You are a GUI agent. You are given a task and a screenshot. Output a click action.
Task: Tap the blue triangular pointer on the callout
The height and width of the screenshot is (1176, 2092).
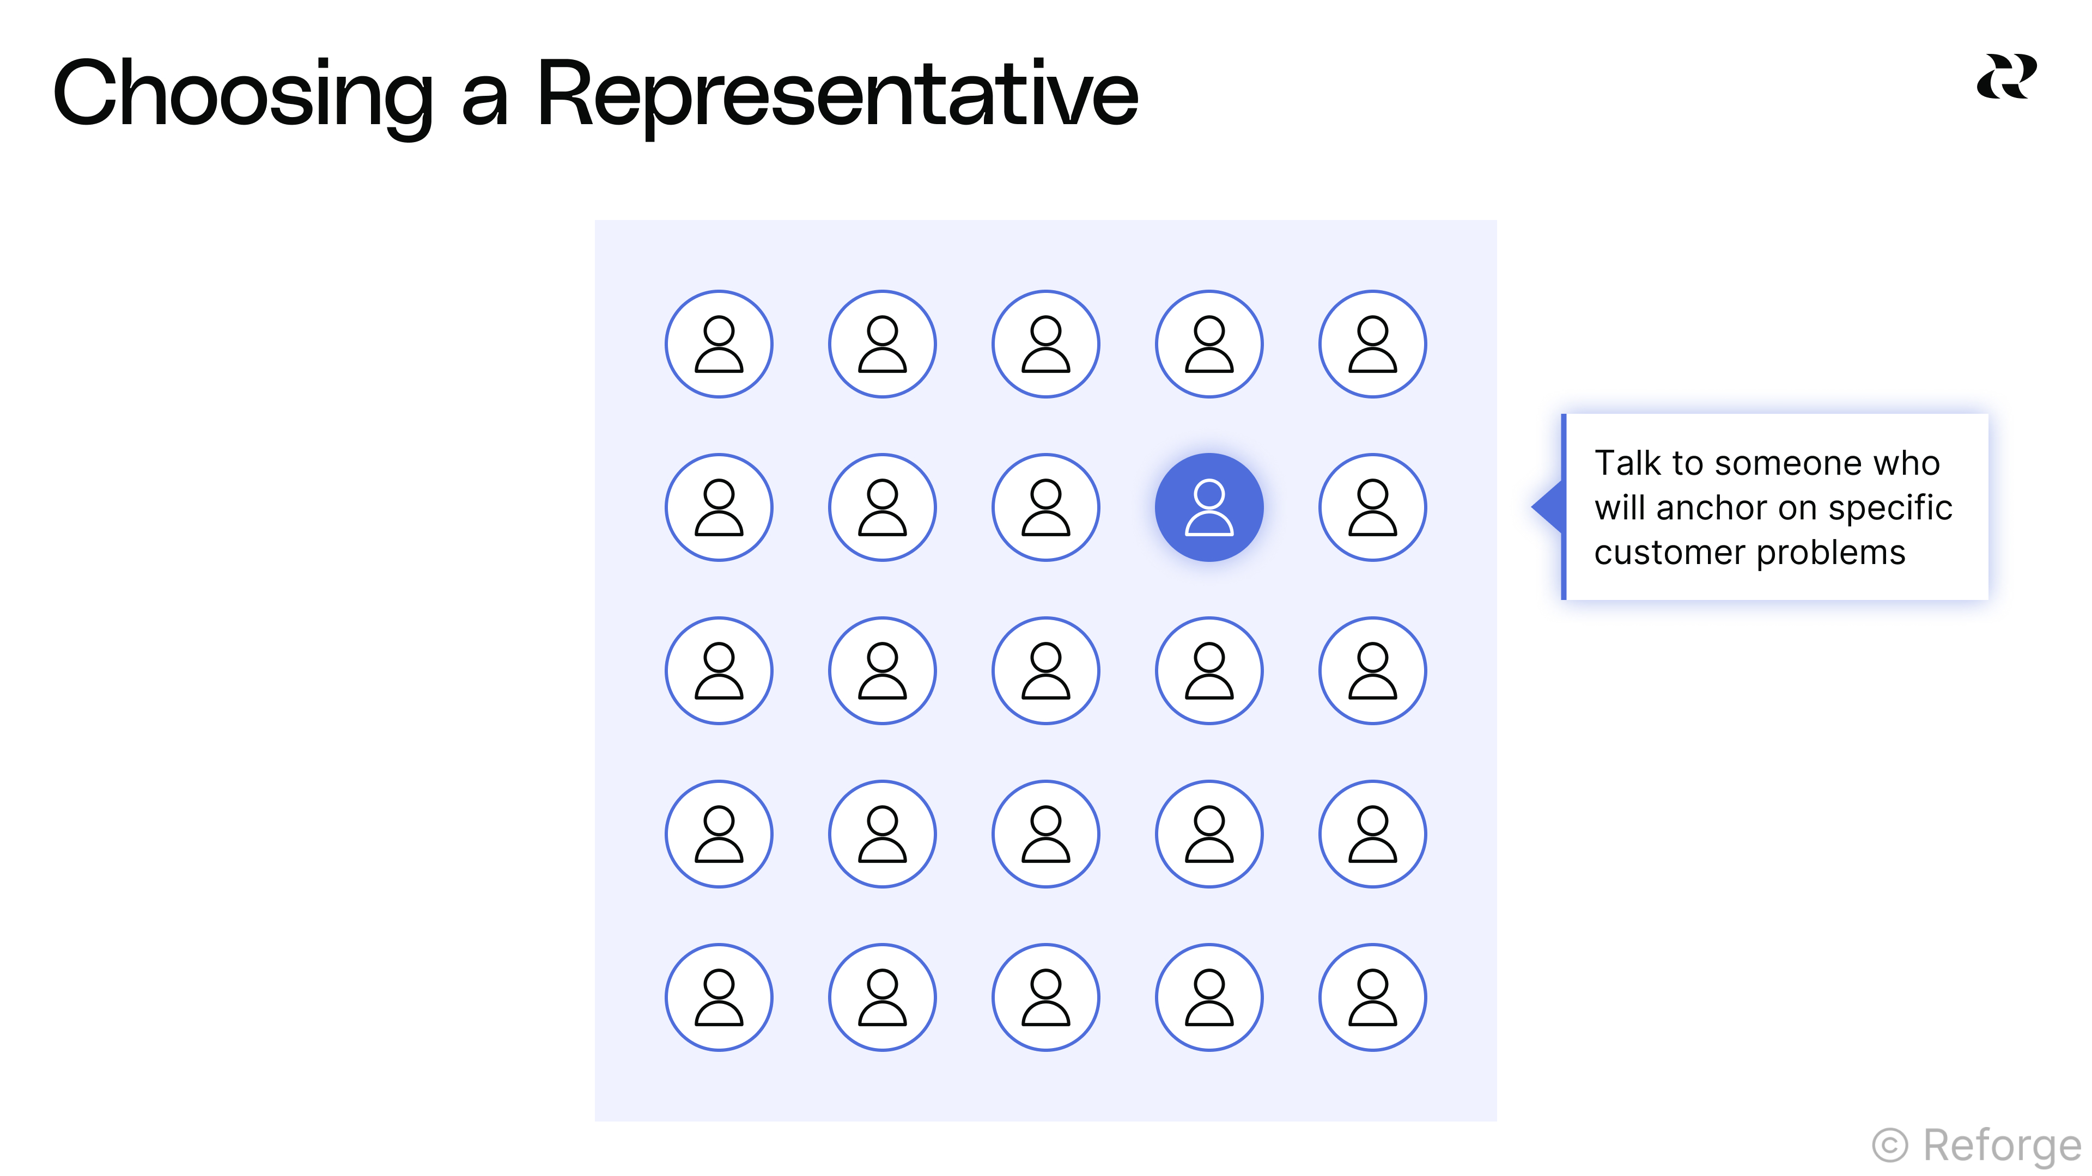pos(1548,507)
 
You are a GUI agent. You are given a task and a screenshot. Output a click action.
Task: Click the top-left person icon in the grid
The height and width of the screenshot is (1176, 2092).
pos(719,344)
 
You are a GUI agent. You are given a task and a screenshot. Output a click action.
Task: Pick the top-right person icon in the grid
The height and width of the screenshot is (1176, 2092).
pos(1372,344)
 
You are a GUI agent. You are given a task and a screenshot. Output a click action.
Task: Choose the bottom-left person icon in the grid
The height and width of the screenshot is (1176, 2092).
pos(719,997)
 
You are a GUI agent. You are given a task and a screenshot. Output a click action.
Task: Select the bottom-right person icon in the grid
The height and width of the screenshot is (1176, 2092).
pos(1372,997)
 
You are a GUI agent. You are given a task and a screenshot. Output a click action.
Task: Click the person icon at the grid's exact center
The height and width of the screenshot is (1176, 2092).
pos(1046,670)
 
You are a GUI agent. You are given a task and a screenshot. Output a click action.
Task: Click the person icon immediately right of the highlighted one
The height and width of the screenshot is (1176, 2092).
pos(1372,507)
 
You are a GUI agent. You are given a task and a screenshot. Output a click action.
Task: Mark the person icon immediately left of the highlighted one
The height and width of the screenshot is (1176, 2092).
pos(1046,507)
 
